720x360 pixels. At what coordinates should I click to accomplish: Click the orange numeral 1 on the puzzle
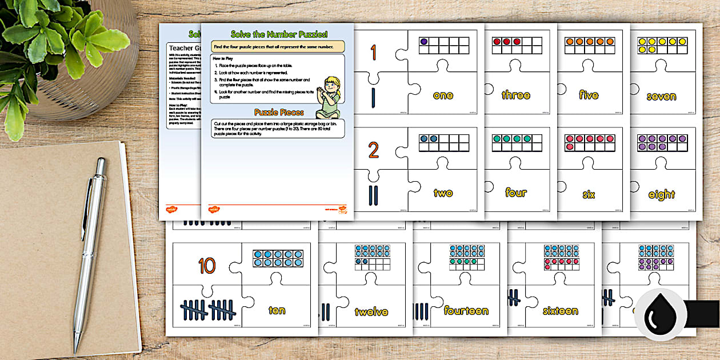(373, 53)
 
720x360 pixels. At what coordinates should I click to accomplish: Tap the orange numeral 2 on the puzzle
(373, 151)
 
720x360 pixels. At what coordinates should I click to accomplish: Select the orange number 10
(207, 266)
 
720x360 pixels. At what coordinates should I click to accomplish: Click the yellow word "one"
(443, 95)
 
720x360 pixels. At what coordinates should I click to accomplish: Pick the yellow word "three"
(515, 95)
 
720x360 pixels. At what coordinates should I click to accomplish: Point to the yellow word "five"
(589, 95)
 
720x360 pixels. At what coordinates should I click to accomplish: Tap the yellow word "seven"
(661, 97)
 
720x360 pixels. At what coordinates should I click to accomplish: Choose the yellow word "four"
(516, 193)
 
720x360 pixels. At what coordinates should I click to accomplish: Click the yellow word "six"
(589, 194)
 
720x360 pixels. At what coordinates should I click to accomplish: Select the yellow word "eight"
(661, 195)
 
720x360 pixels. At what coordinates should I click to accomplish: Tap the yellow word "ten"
(277, 311)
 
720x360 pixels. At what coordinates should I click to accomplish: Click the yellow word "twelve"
(371, 312)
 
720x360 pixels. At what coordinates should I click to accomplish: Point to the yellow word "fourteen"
(466, 311)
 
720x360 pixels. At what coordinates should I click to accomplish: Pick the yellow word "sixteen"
(560, 311)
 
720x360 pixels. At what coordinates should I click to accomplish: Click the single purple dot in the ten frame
(424, 42)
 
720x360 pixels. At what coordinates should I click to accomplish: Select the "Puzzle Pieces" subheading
(278, 112)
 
